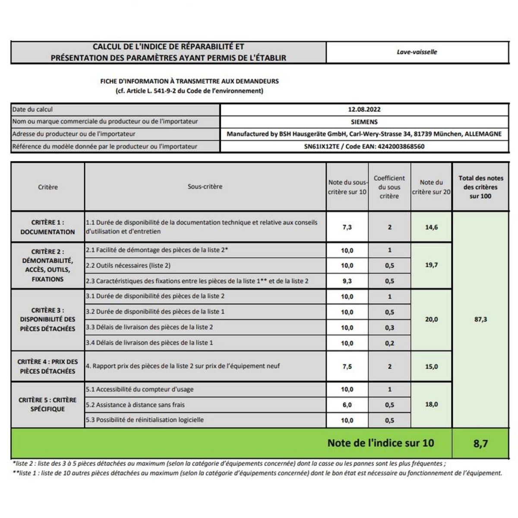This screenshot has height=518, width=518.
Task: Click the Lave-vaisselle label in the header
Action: (417, 52)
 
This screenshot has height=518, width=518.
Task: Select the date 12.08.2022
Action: (364, 110)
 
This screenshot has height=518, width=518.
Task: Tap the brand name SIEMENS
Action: (364, 122)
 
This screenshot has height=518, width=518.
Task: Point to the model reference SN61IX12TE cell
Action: (364, 146)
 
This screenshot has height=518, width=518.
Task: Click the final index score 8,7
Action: (480, 443)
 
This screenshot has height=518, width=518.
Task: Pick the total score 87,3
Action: (480, 319)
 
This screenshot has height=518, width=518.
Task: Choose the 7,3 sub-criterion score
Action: (347, 227)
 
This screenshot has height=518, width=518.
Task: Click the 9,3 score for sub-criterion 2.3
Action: (347, 281)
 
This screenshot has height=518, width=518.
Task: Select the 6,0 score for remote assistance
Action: (347, 405)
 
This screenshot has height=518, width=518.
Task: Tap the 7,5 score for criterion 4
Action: (347, 366)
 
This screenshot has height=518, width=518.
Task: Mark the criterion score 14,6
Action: (431, 227)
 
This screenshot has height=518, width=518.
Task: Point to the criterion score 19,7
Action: (431, 265)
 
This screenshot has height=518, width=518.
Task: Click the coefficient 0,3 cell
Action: (389, 328)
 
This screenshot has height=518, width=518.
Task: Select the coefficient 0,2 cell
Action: (389, 343)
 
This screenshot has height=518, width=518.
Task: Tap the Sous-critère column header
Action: (205, 186)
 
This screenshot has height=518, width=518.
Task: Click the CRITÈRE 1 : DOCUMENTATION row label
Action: (47, 227)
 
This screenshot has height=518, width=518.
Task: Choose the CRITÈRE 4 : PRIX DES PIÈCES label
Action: (47, 366)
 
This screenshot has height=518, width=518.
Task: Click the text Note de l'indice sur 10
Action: (380, 443)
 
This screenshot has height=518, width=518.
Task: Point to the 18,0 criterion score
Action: (431, 404)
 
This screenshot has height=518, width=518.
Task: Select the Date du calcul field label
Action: (32, 110)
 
